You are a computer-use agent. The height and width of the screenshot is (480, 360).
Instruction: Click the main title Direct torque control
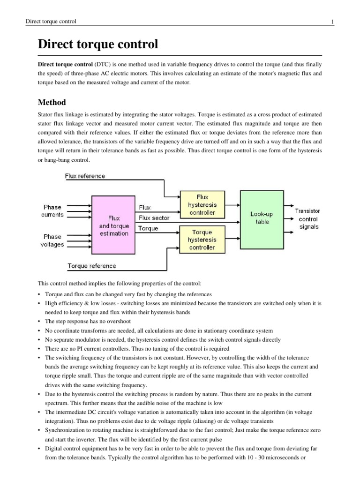(x=97, y=45)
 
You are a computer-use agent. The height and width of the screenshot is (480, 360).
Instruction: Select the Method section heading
(x=52, y=102)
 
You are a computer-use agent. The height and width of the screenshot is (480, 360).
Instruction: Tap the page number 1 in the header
(x=332, y=22)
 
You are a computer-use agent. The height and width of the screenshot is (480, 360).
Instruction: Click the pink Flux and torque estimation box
(x=114, y=226)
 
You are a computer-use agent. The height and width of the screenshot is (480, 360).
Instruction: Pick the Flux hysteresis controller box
(x=202, y=205)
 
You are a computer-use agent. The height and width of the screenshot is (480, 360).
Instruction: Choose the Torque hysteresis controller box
(x=202, y=240)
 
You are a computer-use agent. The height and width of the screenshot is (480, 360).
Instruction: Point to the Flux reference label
(x=85, y=176)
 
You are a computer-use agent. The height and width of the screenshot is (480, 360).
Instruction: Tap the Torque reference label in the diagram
(x=92, y=266)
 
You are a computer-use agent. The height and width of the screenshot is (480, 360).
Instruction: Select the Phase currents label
(x=52, y=211)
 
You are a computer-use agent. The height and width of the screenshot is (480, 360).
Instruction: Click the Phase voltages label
(x=52, y=240)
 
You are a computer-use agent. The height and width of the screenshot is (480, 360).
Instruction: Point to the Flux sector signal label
(x=154, y=218)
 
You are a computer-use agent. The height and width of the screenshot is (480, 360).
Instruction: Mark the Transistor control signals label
(x=308, y=219)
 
